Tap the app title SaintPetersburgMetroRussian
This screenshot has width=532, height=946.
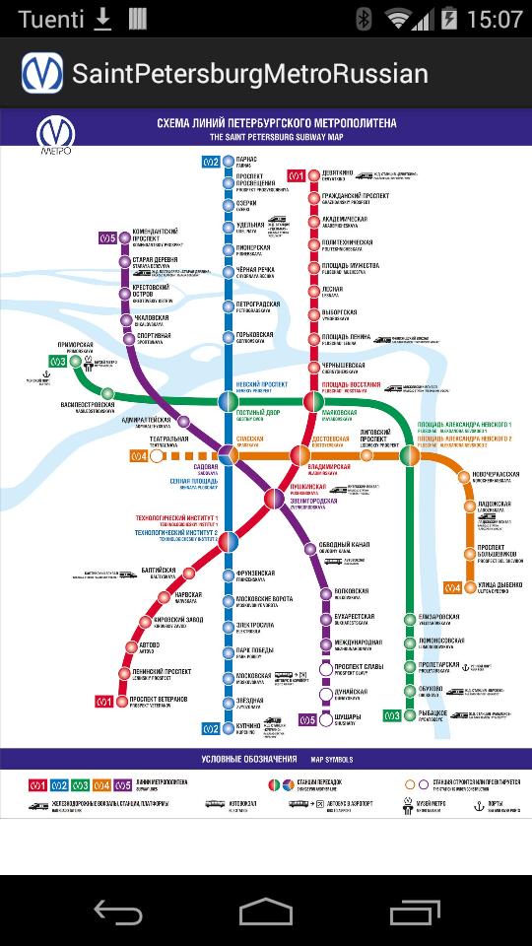coord(249,74)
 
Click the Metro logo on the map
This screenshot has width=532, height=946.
coord(54,136)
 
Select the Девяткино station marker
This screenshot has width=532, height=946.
coord(314,175)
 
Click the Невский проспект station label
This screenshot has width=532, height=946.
coord(261,385)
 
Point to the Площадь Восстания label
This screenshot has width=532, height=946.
coord(351,385)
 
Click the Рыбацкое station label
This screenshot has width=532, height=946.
coord(432,713)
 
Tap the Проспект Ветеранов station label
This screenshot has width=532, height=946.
coord(160,701)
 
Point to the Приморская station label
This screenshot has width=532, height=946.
coord(75,346)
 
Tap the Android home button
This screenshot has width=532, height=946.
coord(266,912)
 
